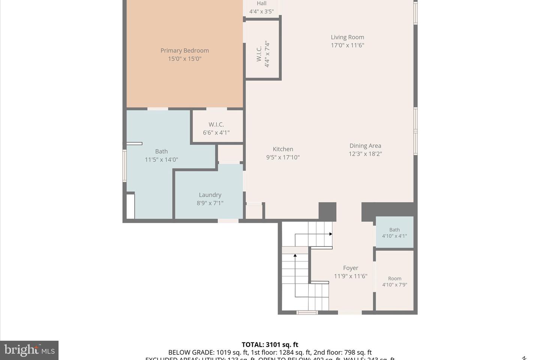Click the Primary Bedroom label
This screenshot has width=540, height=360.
[x=184, y=51]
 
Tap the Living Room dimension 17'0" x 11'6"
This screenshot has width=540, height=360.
[x=347, y=45]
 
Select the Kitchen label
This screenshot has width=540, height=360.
[x=283, y=149]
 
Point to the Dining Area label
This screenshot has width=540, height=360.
[x=365, y=146]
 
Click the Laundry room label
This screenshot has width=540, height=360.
[x=210, y=195]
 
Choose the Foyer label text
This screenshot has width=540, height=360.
[x=351, y=268]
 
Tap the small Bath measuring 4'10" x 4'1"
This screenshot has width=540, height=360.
[x=394, y=232]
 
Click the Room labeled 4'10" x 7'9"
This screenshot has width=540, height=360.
[x=394, y=281]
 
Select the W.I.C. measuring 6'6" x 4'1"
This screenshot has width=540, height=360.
[x=216, y=128]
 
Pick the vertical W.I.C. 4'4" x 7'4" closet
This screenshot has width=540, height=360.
[x=263, y=54]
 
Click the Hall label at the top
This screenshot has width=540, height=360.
[x=262, y=4]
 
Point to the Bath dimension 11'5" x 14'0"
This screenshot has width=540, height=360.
[x=161, y=160]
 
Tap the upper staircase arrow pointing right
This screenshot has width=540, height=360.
[x=330, y=234]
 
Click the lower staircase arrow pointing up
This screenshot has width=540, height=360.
[x=295, y=256]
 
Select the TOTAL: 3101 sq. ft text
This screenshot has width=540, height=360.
[x=270, y=345]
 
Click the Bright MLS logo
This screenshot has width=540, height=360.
[x=29, y=350]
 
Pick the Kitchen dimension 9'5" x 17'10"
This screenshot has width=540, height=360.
[x=283, y=157]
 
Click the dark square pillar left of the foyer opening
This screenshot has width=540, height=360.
[x=327, y=211]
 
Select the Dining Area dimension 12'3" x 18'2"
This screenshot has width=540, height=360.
[x=365, y=154]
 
